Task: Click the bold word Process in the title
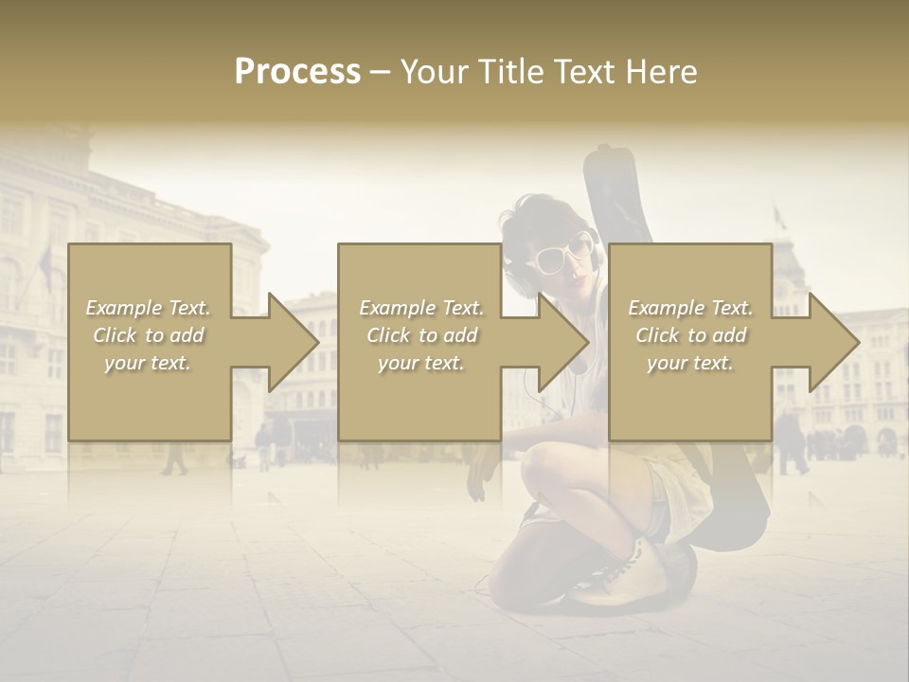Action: click(297, 71)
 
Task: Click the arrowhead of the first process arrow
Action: click(294, 342)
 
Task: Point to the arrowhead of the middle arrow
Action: click(563, 342)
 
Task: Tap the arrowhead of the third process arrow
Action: click(834, 342)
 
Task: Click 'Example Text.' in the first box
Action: click(149, 308)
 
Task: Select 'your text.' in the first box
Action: click(149, 363)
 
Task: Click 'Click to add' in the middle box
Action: click(421, 335)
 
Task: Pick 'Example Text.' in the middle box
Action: click(421, 308)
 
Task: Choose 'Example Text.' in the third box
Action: click(690, 308)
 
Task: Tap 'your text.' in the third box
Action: click(690, 363)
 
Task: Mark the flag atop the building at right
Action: click(780, 218)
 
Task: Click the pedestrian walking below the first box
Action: click(173, 457)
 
